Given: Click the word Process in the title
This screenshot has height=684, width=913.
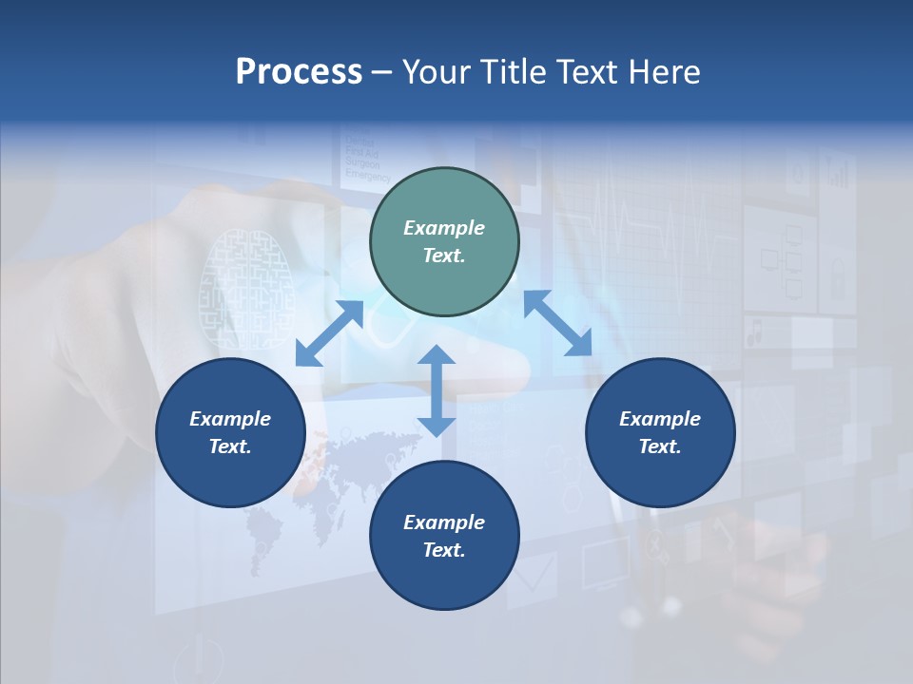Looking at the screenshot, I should point(299,72).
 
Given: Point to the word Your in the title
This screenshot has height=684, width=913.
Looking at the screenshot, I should point(434,72).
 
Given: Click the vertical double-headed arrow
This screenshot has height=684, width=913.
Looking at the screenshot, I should point(437,391).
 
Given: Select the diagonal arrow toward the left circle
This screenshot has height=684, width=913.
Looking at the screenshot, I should point(329,333).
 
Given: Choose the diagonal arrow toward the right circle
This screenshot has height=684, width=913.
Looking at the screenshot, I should point(557,324).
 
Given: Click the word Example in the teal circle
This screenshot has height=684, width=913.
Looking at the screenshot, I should point(444,228).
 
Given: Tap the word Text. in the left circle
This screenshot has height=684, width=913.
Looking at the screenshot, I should point(230,446).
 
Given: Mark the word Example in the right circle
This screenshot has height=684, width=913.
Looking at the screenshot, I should point(660,419).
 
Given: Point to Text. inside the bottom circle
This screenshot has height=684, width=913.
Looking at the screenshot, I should point(444,550).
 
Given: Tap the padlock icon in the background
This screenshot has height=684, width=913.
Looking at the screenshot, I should point(838,279).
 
